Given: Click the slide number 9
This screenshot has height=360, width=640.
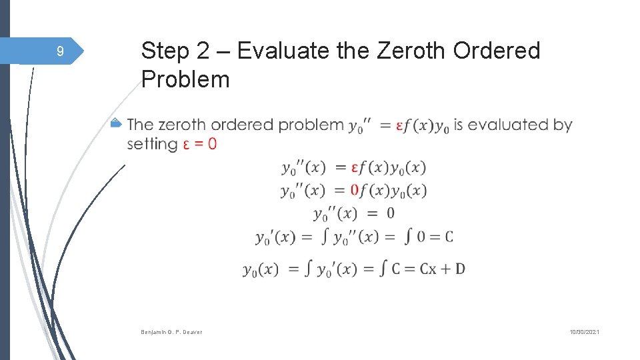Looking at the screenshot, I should tap(60, 51).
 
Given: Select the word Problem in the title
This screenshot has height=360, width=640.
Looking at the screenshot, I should tap(185, 79).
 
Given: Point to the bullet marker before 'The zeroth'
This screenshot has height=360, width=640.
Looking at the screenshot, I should tap(115, 123).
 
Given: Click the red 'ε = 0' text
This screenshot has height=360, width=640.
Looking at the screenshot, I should tap(199, 143).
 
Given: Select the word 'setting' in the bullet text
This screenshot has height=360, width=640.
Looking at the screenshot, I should tap(152, 143).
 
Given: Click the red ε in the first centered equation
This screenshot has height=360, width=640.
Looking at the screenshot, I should tap(354, 167).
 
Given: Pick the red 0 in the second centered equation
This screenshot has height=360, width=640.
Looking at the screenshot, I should tap(354, 191).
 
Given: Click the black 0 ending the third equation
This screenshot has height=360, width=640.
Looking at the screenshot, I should tap(391, 213).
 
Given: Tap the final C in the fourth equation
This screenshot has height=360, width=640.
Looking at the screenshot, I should tap(449, 237).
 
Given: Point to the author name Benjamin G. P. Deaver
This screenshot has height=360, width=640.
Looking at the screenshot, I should tap(172, 331).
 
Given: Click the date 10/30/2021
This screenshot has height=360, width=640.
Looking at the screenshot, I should tap(585, 331).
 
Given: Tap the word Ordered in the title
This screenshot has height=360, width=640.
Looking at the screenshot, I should tap(497, 51).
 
